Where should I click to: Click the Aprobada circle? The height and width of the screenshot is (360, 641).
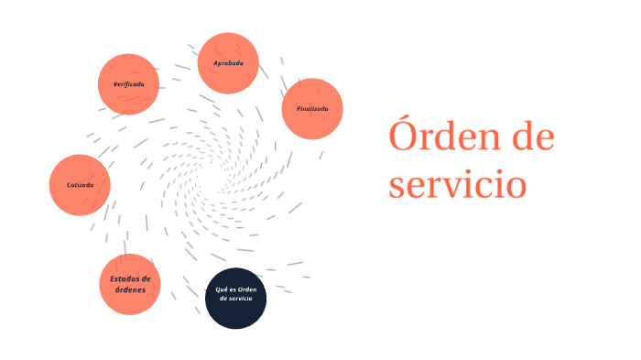coord(228,62)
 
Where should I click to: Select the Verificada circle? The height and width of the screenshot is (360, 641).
coord(128,83)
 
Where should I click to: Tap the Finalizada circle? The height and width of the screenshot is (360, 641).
coord(312,108)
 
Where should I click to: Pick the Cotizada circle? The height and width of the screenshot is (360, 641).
coord(80,185)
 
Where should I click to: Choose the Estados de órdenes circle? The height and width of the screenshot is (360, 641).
coord(129,284)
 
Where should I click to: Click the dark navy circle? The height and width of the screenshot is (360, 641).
coord(235,299)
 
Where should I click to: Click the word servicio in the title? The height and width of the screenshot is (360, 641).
coord(457,183)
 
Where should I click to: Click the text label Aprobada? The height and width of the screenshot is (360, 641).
coord(228,62)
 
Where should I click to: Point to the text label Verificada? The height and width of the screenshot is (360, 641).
coord(128,83)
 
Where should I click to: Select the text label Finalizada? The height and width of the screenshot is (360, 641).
coord(312,108)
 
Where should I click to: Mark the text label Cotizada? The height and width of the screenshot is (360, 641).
coord(80,185)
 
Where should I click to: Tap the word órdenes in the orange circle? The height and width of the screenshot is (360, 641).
coord(129,290)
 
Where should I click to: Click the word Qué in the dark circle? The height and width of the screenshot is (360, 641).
coord(221,289)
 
